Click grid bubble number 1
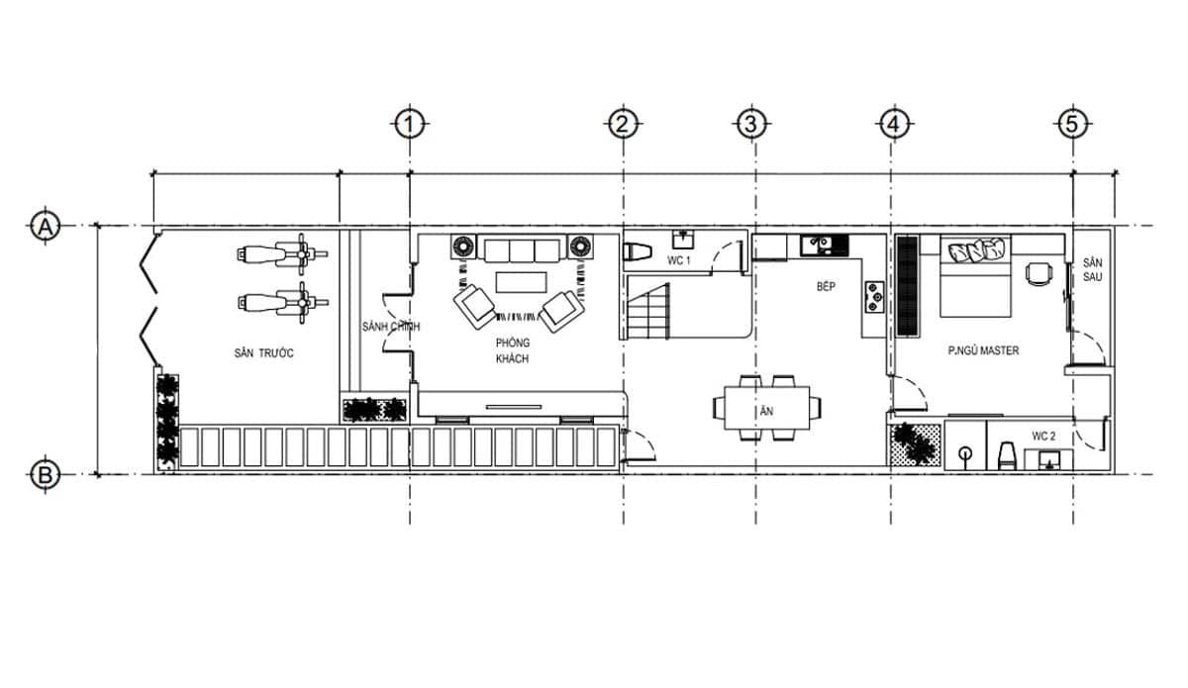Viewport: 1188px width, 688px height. (409, 124)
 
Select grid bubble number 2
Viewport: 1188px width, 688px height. (621, 124)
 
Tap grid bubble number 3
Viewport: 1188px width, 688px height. (750, 124)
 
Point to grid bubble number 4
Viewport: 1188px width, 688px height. (892, 124)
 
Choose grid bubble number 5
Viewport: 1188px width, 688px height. (1071, 124)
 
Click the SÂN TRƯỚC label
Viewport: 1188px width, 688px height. (263, 353)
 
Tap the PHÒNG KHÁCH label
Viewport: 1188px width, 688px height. (513, 350)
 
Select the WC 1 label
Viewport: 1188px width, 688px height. (678, 260)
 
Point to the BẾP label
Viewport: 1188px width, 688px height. (827, 286)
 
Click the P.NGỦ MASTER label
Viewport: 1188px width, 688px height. (983, 350)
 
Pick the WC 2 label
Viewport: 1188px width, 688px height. (1044, 436)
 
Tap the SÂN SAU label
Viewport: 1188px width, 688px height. (1092, 270)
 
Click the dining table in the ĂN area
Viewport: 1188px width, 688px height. (768, 407)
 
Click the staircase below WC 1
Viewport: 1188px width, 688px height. (651, 309)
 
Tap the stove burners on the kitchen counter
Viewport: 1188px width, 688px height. (875, 295)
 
